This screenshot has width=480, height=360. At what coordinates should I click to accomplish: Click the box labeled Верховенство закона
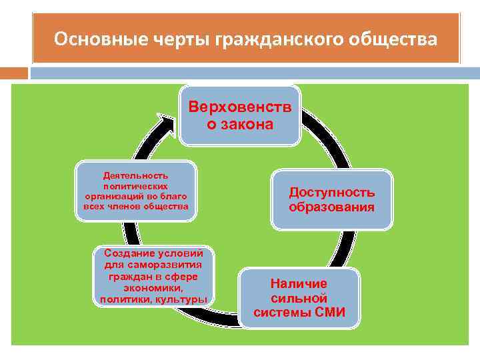pyautogui.click(x=240, y=115)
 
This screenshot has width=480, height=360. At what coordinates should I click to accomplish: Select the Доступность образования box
pyautogui.click(x=331, y=200)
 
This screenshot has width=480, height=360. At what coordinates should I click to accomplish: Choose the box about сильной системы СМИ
pyautogui.click(x=299, y=298)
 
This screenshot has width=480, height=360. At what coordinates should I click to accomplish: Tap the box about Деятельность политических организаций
pyautogui.click(x=137, y=191)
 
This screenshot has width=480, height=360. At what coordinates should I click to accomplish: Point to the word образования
pyautogui.click(x=331, y=207)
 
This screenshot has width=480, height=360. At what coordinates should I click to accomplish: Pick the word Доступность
pyautogui.click(x=331, y=192)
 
